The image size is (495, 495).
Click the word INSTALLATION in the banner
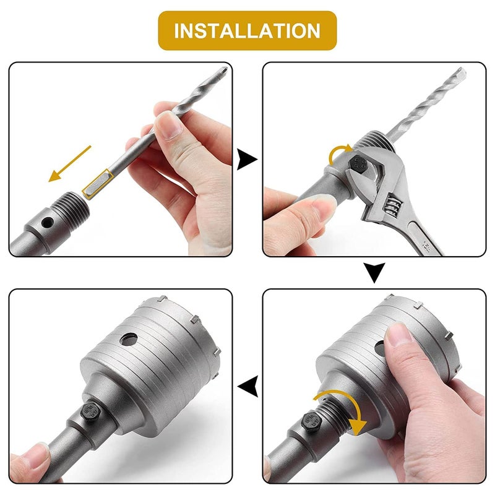[x=247, y=30]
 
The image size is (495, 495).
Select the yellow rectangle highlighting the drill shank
[x=97, y=184]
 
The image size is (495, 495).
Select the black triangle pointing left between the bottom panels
[x=248, y=386]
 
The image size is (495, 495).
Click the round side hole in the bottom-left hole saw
[x=129, y=340]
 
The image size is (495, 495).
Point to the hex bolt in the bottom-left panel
[x=90, y=410]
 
